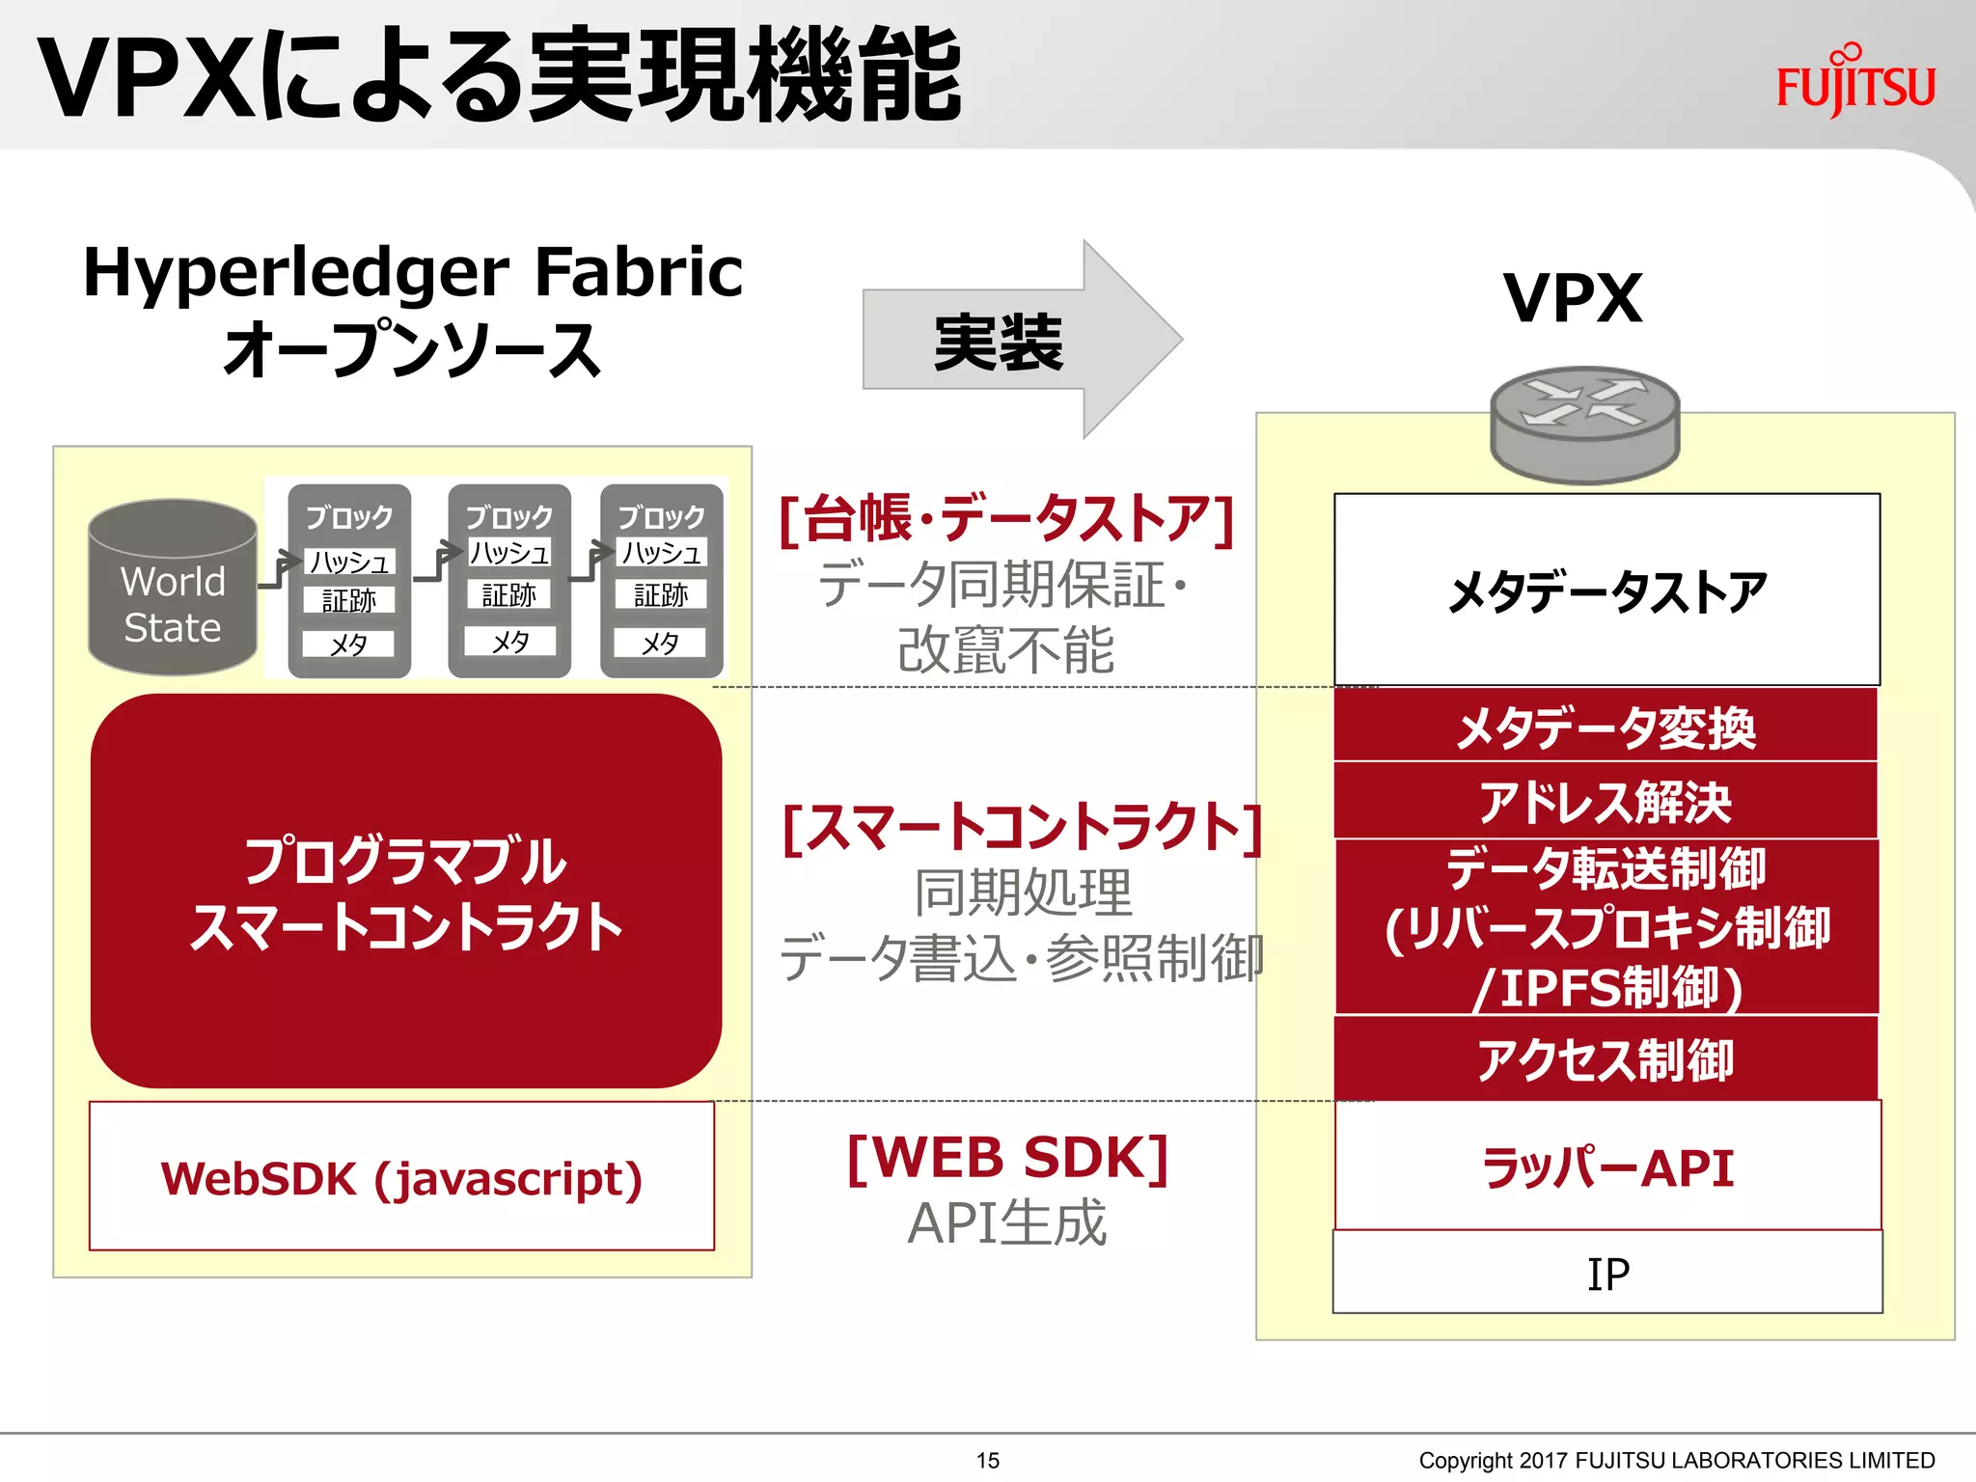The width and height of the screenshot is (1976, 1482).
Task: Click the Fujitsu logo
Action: [1855, 83]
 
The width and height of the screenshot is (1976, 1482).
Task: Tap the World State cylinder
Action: [173, 589]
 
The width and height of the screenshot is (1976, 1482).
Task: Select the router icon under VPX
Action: [1584, 424]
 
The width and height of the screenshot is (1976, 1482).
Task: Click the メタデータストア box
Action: [1606, 590]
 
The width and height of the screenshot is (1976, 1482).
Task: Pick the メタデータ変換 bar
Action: [1605, 726]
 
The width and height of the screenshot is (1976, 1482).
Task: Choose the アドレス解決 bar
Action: [1605, 801]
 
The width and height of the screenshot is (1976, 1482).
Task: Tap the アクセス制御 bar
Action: [1605, 1058]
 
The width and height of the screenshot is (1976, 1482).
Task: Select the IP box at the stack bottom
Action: [1607, 1273]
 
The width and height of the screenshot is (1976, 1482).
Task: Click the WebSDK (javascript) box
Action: [401, 1177]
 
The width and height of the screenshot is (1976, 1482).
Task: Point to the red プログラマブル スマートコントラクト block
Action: [405, 892]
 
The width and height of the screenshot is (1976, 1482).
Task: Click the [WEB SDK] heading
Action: [1007, 1157]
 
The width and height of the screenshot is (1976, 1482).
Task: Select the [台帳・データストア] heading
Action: [1005, 519]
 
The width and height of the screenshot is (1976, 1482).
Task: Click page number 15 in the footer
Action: [987, 1460]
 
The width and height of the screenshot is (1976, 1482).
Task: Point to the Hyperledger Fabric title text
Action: [413, 272]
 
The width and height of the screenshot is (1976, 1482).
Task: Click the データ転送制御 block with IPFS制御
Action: [1606, 927]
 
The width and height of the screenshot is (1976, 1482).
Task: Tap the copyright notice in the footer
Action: [1676, 1460]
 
